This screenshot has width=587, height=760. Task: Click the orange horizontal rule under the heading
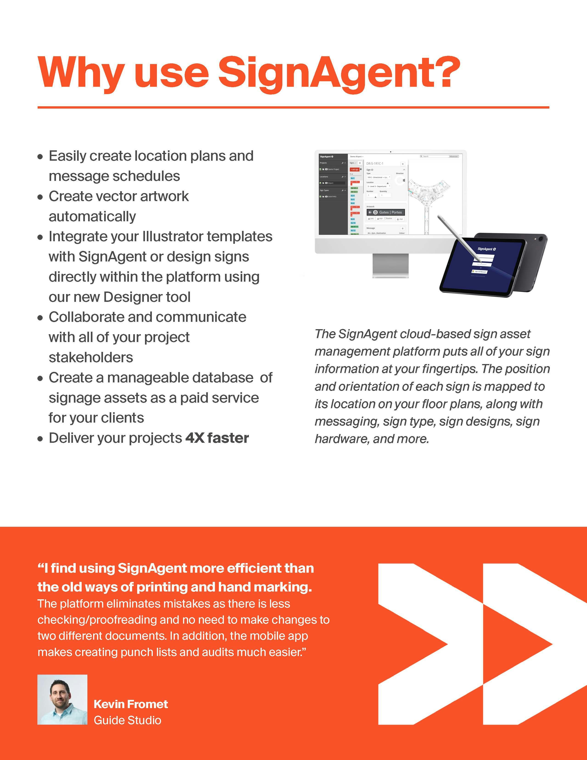pyautogui.click(x=293, y=107)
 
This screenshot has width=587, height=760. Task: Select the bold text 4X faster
pyautogui.click(x=217, y=438)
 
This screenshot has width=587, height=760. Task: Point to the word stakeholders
pyautogui.click(x=91, y=357)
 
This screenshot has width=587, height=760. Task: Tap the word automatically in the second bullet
pyautogui.click(x=92, y=216)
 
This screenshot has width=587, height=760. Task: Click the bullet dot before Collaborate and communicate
pyautogui.click(x=41, y=318)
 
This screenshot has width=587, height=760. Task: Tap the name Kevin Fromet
pyautogui.click(x=131, y=704)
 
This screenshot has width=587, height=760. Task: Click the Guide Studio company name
pyautogui.click(x=127, y=720)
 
